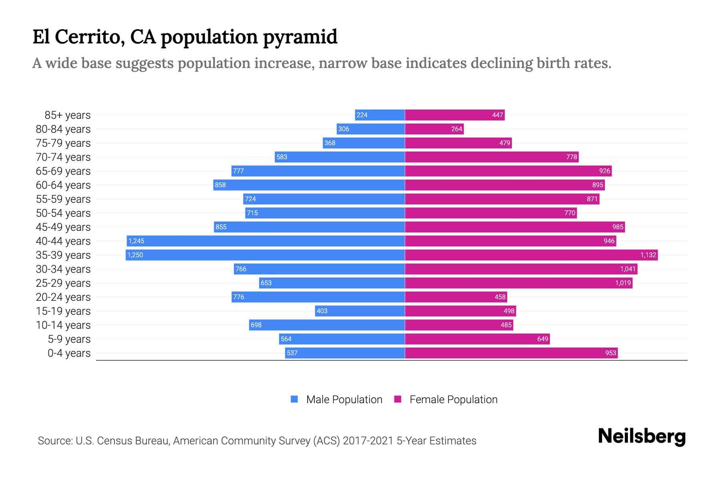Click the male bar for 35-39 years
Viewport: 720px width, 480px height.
(265, 255)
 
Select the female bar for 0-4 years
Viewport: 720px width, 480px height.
(511, 353)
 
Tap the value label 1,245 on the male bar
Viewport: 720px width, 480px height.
(136, 241)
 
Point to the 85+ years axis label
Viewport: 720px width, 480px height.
(68, 115)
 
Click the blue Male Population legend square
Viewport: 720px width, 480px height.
(294, 399)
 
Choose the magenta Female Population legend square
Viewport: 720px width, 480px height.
(398, 399)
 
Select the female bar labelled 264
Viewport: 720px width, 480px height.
(434, 129)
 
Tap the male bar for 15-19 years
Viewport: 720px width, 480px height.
(360, 311)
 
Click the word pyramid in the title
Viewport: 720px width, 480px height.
(300, 37)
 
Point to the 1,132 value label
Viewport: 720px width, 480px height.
(648, 255)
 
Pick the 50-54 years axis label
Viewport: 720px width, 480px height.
(63, 213)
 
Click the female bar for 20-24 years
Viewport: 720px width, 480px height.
(456, 297)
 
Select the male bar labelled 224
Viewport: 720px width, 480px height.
(380, 115)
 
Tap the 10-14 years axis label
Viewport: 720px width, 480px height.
(63, 325)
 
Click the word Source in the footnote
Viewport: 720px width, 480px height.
(55, 441)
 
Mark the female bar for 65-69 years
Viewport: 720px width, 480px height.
(508, 171)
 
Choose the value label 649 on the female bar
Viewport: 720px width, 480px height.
(542, 339)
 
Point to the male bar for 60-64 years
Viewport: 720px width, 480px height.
(309, 185)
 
